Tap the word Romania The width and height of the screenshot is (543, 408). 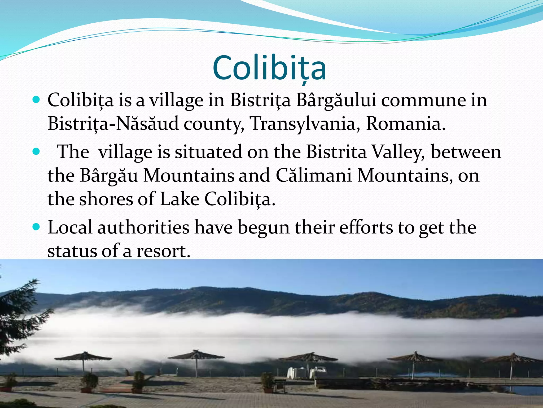click(x=405, y=124)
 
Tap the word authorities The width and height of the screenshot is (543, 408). click(x=143, y=227)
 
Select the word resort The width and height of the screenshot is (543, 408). click(x=163, y=251)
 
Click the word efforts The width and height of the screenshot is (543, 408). click(x=366, y=227)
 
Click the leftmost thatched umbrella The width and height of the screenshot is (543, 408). click(x=84, y=357)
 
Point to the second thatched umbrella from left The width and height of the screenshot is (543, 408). click(x=196, y=356)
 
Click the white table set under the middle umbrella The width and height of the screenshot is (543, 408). click(x=306, y=372)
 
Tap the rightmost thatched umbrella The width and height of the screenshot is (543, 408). click(x=512, y=359)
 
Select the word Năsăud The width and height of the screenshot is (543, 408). click(x=147, y=124)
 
